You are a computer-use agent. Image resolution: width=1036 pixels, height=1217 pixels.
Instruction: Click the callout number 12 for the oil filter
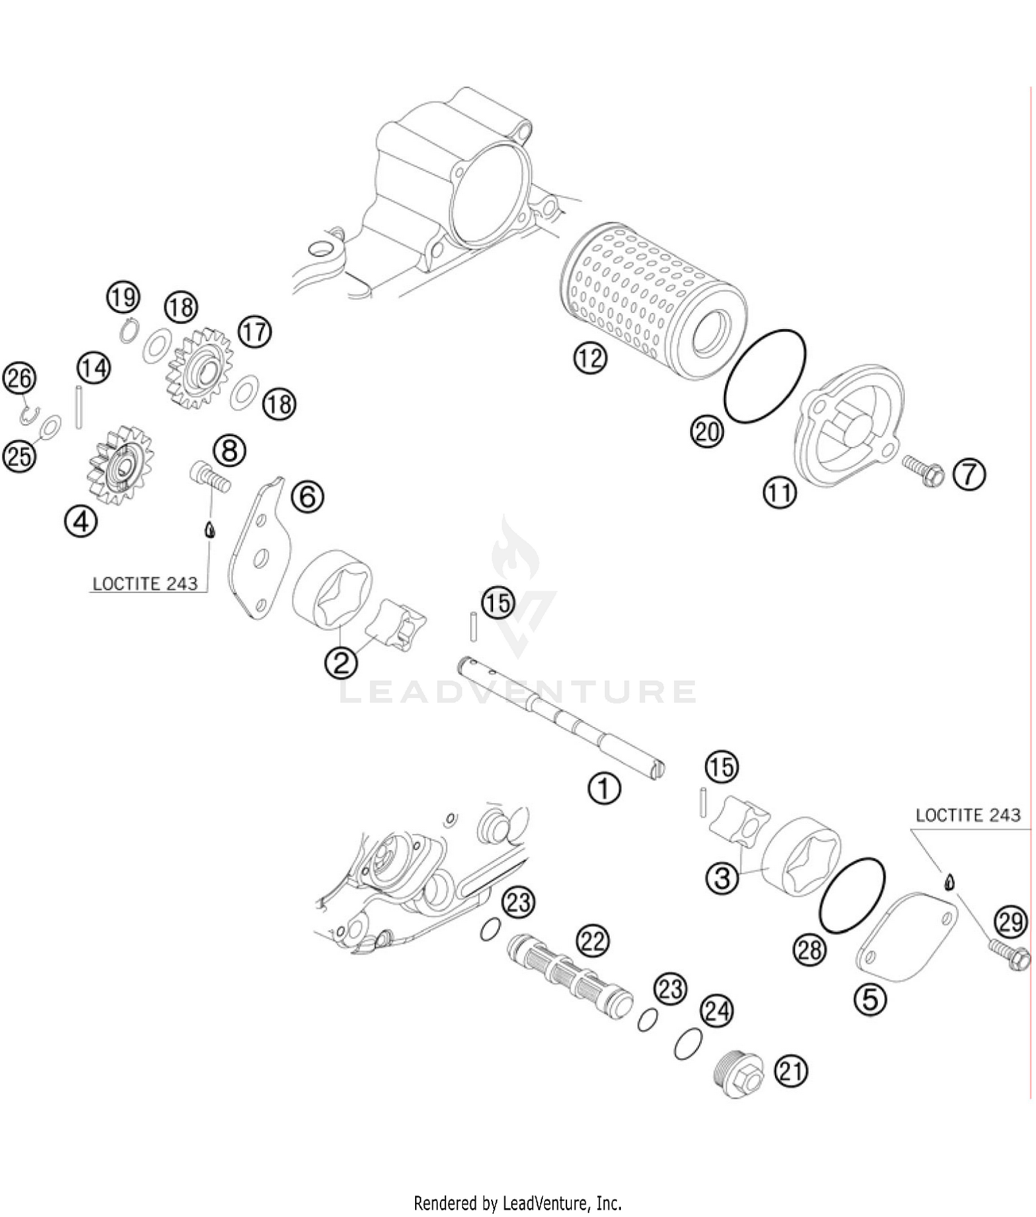589,358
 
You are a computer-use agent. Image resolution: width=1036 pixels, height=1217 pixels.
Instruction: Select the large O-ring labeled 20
765,375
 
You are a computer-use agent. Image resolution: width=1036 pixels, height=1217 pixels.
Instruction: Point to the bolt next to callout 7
923,473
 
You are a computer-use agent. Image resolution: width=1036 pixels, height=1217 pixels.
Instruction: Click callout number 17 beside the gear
254,332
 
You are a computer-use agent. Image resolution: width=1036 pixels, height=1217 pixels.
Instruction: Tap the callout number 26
19,378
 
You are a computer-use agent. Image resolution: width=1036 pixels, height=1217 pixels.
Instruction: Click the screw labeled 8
210,478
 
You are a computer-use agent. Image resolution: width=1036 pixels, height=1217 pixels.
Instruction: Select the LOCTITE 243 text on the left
145,584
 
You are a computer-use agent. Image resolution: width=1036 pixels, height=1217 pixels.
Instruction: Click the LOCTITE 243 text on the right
968,815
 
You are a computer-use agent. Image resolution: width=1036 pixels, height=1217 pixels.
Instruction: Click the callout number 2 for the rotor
341,663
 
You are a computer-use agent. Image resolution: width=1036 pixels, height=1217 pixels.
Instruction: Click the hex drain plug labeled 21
738,1077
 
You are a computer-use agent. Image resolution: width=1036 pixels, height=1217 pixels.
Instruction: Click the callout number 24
717,1012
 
